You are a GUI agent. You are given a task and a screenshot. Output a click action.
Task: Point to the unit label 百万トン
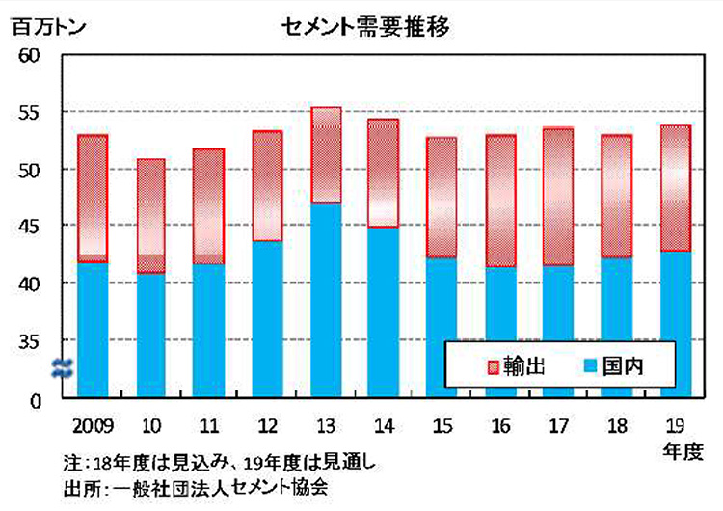click(x=51, y=26)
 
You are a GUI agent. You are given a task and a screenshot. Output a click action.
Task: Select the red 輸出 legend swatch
click(x=495, y=365)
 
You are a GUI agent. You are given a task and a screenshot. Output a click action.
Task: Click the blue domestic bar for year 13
click(x=327, y=299)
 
